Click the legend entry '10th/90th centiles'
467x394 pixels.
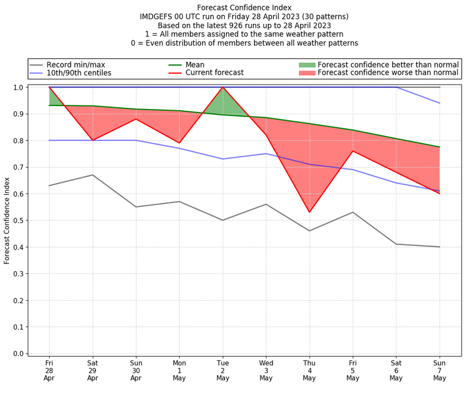pyautogui.click(x=79, y=73)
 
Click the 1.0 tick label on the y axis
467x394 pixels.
pyautogui.click(x=18, y=87)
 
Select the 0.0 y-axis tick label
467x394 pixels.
pyautogui.click(x=18, y=354)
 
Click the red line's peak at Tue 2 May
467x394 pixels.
pyautogui.click(x=222, y=87)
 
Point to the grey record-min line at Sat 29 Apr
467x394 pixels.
pyautogui.click(x=92, y=175)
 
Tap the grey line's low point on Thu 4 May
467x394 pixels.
pyautogui.click(x=309, y=231)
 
